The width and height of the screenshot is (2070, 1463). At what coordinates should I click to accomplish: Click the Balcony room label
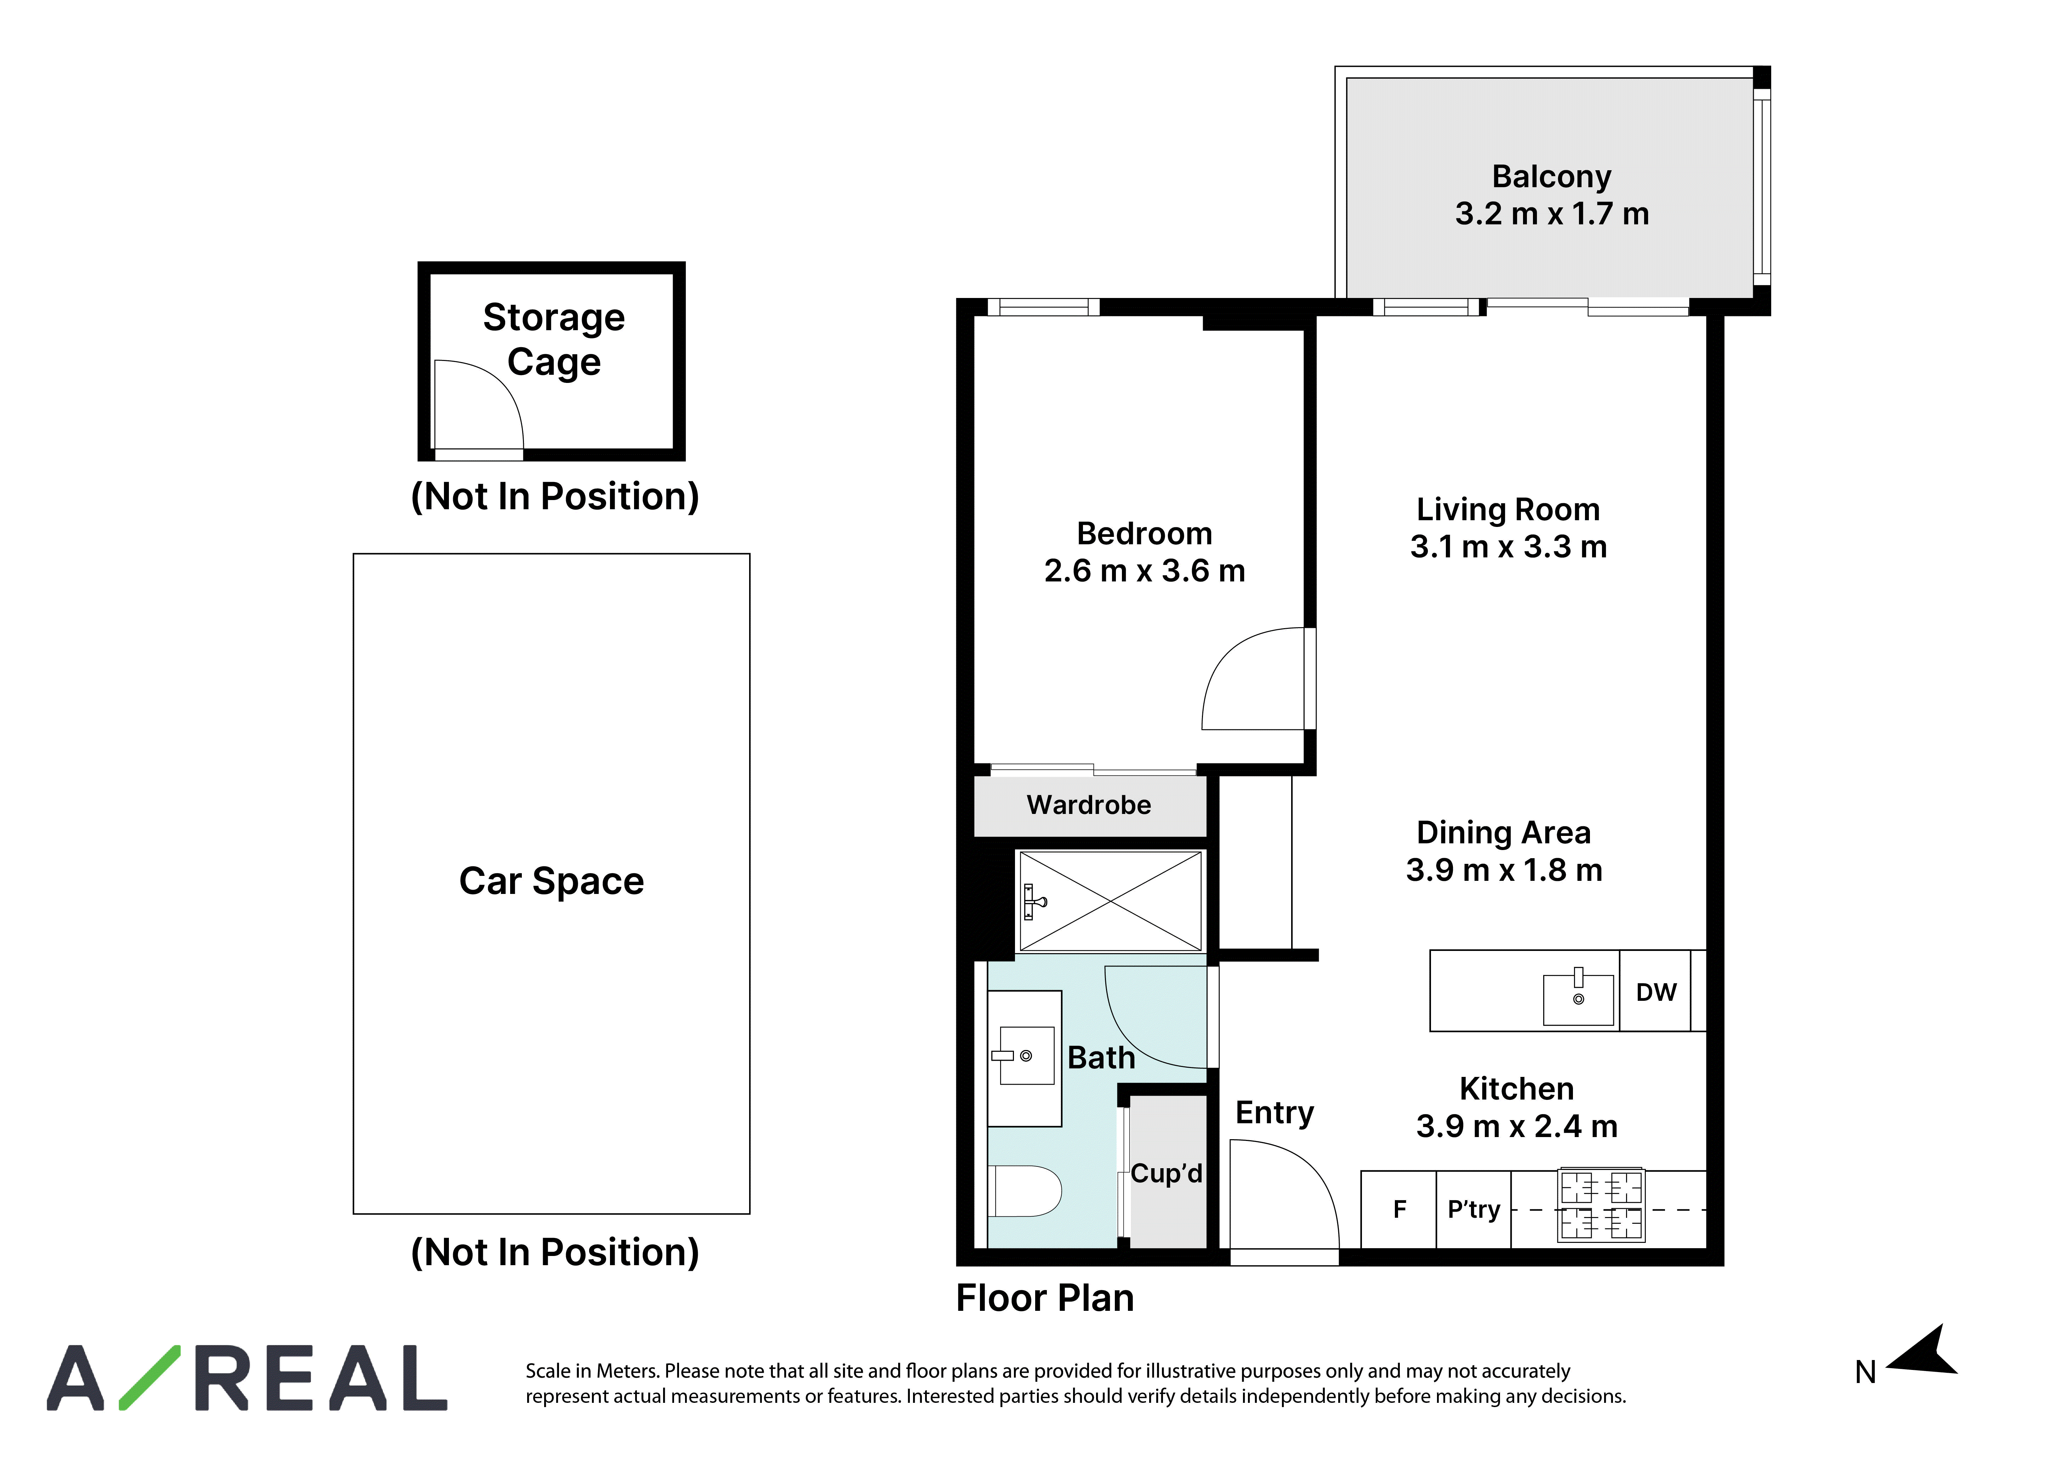pyautogui.click(x=1552, y=177)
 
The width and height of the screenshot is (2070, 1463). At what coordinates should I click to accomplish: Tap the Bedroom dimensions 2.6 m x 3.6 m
pyautogui.click(x=1145, y=570)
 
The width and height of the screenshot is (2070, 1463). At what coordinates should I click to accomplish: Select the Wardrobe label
pyautogui.click(x=1089, y=805)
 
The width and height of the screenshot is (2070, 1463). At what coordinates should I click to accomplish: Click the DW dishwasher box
pyautogui.click(x=1655, y=991)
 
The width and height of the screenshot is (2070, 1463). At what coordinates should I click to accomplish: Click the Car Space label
pyautogui.click(x=552, y=881)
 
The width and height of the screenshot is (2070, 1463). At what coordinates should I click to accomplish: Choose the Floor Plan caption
pyautogui.click(x=1045, y=1298)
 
